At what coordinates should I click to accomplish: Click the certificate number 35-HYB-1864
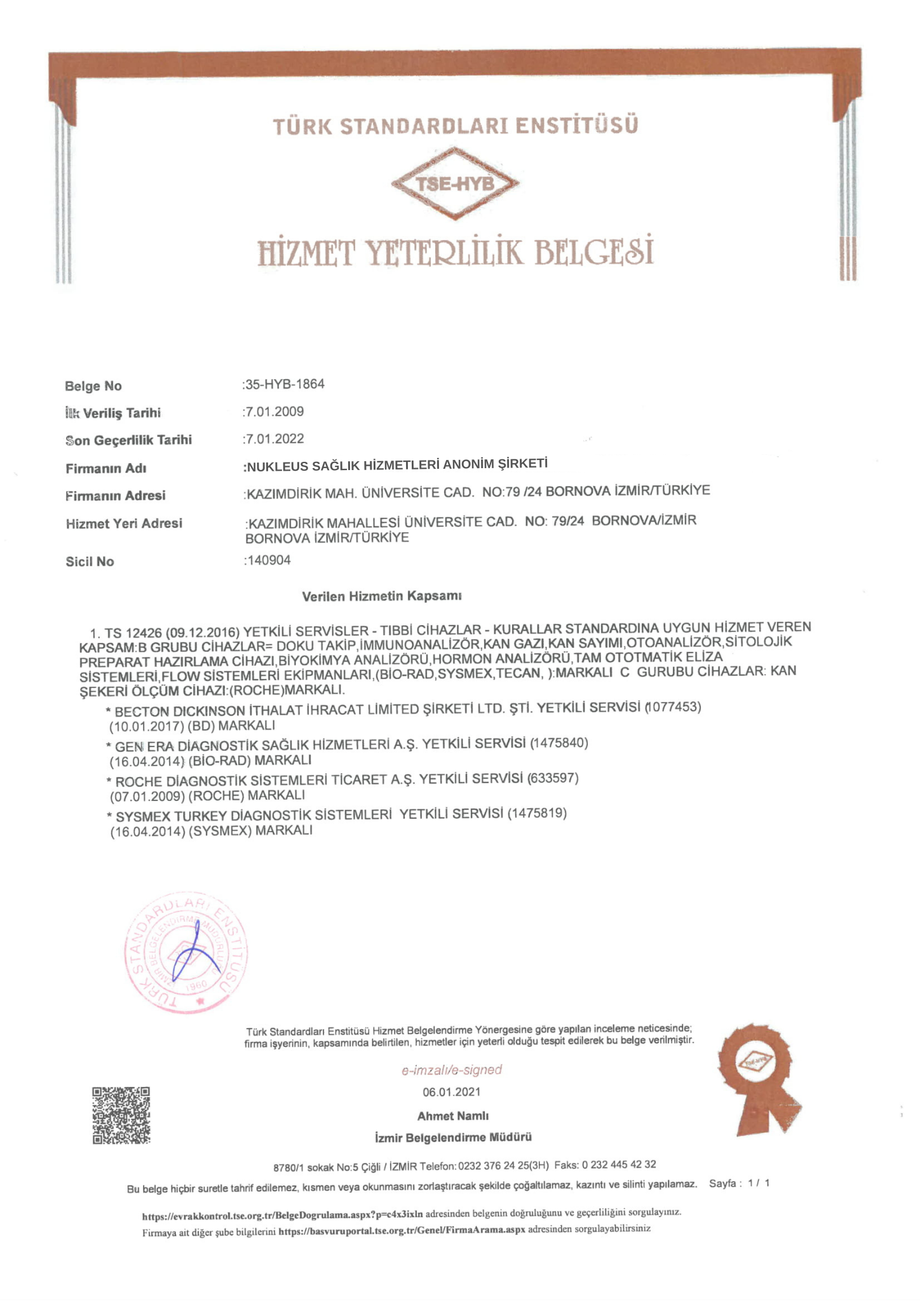click(x=285, y=384)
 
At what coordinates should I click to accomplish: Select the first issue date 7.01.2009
click(x=274, y=412)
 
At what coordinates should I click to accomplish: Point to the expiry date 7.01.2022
click(x=274, y=439)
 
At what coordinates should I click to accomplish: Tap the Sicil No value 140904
click(x=269, y=560)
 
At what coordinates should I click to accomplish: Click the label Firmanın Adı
click(x=106, y=469)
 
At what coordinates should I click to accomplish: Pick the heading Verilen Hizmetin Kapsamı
click(x=382, y=597)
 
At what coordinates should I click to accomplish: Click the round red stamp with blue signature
click(x=186, y=953)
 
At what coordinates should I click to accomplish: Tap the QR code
click(x=121, y=1115)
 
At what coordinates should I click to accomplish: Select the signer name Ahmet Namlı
click(x=452, y=1116)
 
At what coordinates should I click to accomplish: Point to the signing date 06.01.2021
click(x=452, y=1092)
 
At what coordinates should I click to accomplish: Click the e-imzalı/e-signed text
click(x=452, y=1070)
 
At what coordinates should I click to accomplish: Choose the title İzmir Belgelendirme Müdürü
click(x=453, y=1137)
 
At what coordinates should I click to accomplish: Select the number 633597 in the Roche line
click(x=553, y=778)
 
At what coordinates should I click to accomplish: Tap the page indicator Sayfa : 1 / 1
click(x=739, y=1183)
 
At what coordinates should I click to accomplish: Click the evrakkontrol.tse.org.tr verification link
click(x=282, y=1215)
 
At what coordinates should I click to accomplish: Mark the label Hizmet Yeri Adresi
click(x=124, y=523)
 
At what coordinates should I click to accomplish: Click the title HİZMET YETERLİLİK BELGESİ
click(x=455, y=252)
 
